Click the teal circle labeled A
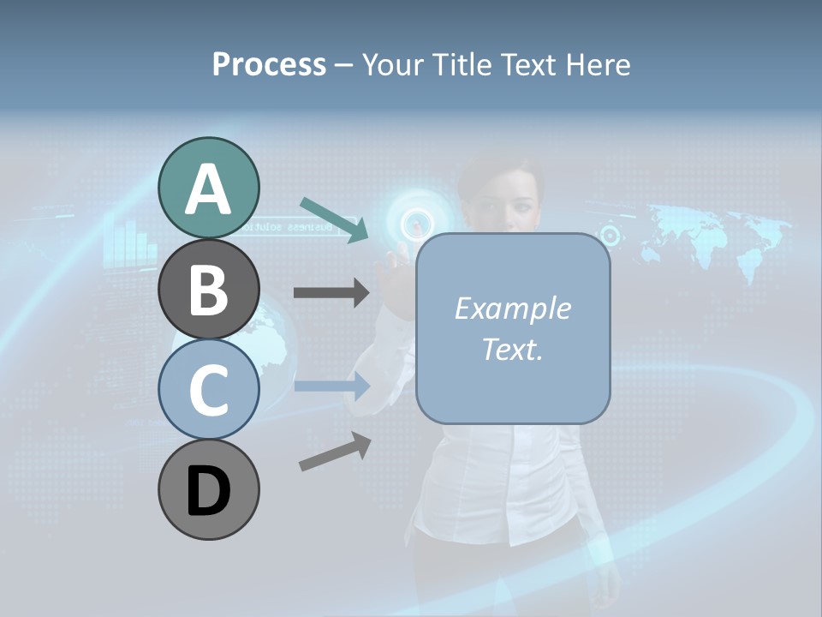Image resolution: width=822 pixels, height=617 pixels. [x=208, y=188]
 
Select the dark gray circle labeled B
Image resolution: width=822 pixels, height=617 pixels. [x=208, y=289]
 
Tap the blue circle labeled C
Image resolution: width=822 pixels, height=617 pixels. [x=208, y=389]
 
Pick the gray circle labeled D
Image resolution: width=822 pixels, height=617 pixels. [x=208, y=489]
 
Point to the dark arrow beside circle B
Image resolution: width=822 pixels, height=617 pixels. [x=331, y=293]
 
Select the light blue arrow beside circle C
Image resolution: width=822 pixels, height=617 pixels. [x=331, y=386]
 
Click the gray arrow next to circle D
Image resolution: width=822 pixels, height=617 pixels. [x=335, y=452]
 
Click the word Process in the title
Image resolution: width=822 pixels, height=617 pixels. [x=269, y=64]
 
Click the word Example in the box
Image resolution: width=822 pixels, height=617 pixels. [x=512, y=308]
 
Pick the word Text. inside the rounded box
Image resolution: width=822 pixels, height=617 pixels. [x=512, y=349]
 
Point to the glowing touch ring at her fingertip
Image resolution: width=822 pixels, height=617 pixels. [x=416, y=225]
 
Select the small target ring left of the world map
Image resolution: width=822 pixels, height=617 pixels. [x=610, y=234]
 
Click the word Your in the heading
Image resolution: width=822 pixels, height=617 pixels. [x=390, y=64]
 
